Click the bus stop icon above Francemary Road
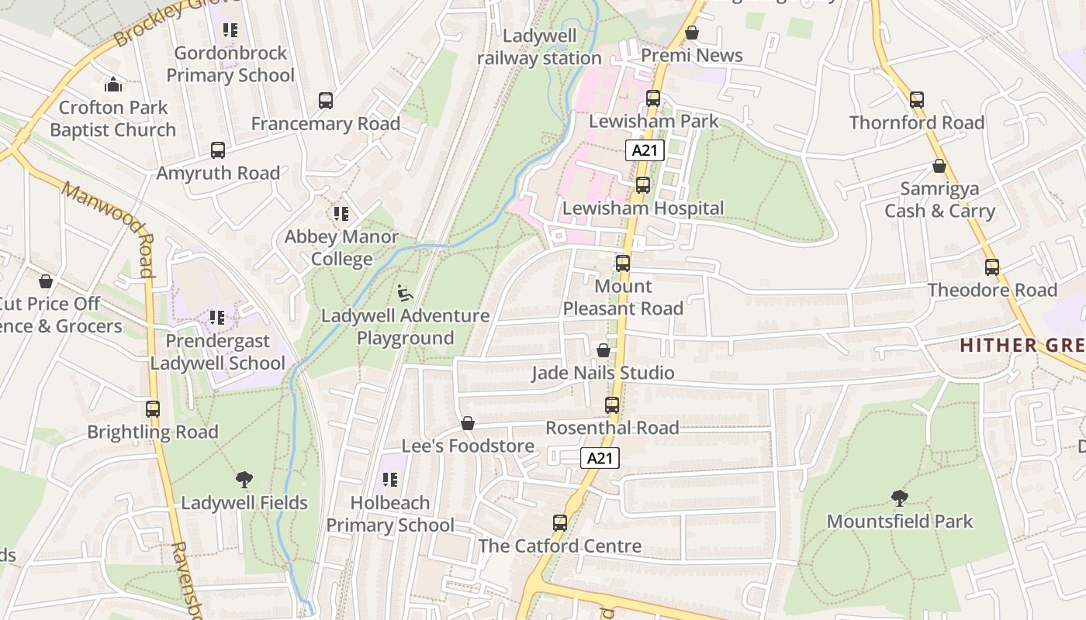click(326, 101)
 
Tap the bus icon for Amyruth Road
click(218, 150)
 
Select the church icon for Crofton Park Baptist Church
click(113, 84)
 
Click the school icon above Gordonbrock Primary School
click(230, 30)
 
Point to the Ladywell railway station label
click(540, 47)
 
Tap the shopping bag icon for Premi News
click(692, 33)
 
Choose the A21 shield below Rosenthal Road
click(600, 458)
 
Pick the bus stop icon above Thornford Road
click(917, 100)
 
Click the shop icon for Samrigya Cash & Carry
click(939, 167)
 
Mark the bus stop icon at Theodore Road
click(992, 267)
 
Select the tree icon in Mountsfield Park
click(900, 498)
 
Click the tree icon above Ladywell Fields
click(244, 480)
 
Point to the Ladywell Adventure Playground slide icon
click(405, 293)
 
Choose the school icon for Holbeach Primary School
click(390, 480)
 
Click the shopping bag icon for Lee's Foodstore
click(468, 423)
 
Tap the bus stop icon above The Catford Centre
click(560, 522)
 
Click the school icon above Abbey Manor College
click(341, 213)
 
